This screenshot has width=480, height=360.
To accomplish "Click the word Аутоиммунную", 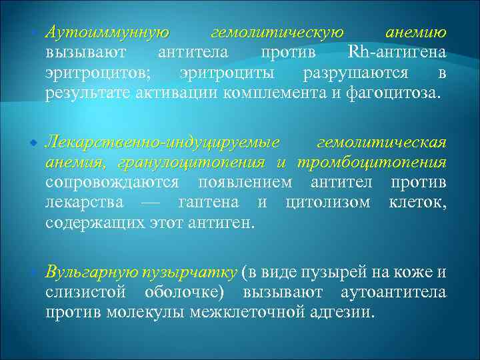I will tap(106, 33).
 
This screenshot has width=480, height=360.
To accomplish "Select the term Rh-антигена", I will tap(397, 53).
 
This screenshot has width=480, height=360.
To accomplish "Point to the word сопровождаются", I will tap(112, 183).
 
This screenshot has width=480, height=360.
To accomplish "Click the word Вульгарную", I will tap(91, 273).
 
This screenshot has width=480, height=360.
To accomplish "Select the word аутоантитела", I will tap(393, 293).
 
